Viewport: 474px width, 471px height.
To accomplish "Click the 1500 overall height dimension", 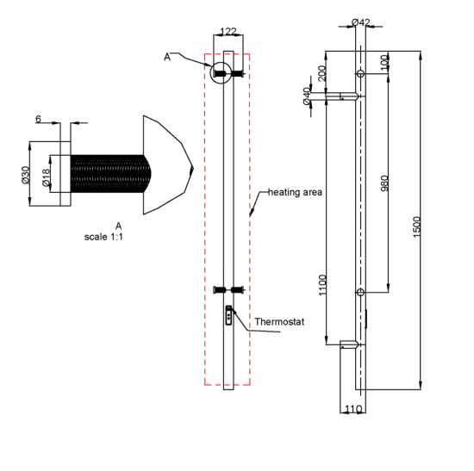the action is [416, 226].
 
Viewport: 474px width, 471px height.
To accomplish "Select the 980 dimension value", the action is [384, 183].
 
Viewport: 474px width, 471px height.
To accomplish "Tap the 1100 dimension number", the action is [323, 285].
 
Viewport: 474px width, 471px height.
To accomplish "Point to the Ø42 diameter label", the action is [361, 22].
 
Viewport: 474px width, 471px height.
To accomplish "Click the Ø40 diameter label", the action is [307, 96].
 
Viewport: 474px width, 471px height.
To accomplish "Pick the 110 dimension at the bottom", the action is [353, 409].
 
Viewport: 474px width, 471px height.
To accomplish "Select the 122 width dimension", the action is [228, 31].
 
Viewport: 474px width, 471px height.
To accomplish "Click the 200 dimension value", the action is [322, 73].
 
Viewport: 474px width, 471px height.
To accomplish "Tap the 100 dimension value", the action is [384, 63].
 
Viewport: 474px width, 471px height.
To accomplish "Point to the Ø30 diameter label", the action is [26, 176].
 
